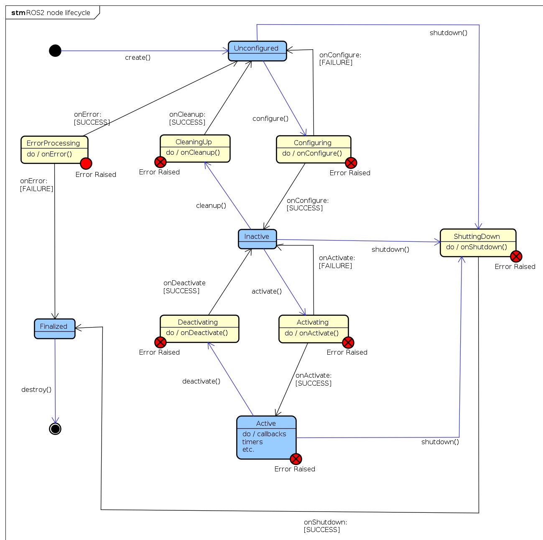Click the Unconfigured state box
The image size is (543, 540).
click(257, 51)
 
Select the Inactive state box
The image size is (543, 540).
click(257, 239)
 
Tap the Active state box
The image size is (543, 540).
click(266, 437)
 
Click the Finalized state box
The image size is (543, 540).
click(54, 328)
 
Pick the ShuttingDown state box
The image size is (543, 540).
click(478, 242)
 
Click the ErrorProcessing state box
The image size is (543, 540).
click(54, 149)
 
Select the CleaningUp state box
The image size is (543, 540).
click(195, 148)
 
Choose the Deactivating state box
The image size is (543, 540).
click(199, 328)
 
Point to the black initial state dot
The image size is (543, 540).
click(55, 51)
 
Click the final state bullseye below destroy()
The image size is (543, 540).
click(55, 429)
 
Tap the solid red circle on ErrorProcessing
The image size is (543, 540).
click(86, 164)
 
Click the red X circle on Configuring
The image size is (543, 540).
click(351, 163)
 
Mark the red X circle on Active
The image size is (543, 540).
click(296, 459)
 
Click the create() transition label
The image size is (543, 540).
click(138, 58)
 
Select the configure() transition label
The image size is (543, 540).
click(270, 119)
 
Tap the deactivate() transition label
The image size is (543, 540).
click(201, 381)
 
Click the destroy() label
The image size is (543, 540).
click(36, 389)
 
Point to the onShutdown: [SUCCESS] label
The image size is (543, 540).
click(325, 526)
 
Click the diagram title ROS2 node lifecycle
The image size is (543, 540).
click(58, 13)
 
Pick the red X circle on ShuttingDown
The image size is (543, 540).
click(516, 256)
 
